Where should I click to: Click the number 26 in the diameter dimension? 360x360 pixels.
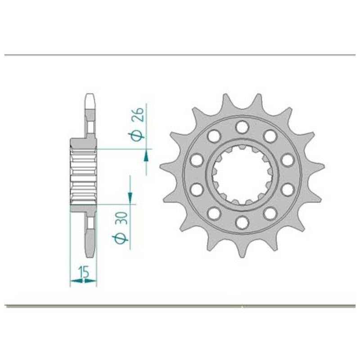tap(138, 114)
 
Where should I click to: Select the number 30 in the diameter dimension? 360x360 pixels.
tap(122, 218)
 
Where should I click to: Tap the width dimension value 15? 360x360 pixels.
tap(84, 272)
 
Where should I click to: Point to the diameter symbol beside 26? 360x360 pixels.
tap(137, 136)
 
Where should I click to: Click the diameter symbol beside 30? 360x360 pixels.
tap(120, 239)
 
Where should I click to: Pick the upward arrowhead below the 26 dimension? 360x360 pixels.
tap(146, 157)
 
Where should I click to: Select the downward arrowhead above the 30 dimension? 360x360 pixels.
tap(130, 196)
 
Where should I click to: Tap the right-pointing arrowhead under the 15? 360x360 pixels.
tap(90, 280)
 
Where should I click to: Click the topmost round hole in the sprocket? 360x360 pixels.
tap(243, 127)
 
